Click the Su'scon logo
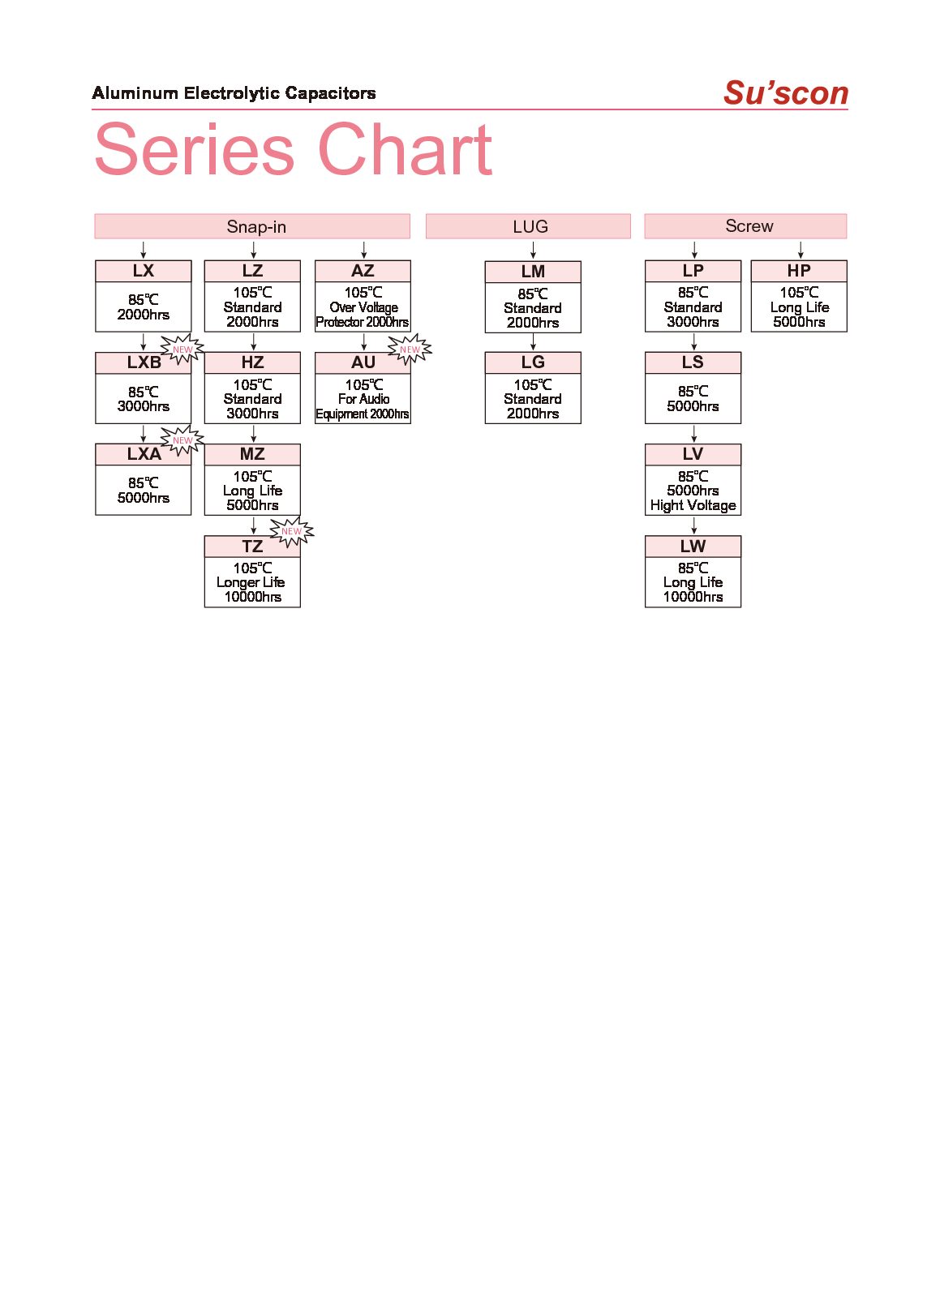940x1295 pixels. click(785, 92)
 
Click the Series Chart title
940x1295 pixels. click(294, 150)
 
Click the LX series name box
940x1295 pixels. click(144, 271)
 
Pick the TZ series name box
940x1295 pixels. click(252, 547)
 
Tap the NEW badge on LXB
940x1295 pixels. click(182, 349)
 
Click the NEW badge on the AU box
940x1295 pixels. click(410, 349)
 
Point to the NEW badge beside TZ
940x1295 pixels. click(291, 532)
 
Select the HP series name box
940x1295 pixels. click(799, 271)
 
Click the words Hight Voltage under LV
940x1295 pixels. click(693, 505)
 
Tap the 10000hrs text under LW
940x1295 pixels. click(693, 597)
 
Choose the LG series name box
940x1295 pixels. click(533, 362)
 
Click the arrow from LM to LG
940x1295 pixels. click(533, 342)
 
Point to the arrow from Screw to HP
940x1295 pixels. click(801, 250)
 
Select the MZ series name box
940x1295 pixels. click(252, 454)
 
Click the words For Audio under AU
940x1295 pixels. click(363, 399)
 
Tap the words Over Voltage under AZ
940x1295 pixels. click(363, 307)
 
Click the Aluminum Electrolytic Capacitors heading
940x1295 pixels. click(234, 93)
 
